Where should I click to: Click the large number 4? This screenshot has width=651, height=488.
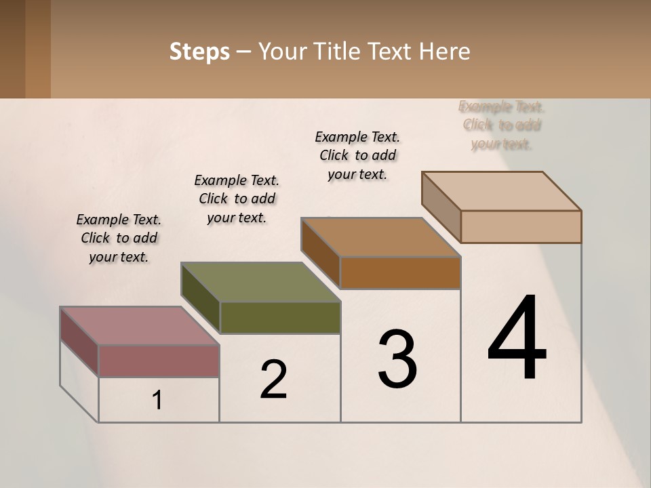517,339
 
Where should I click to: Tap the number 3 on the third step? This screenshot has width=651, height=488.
397,359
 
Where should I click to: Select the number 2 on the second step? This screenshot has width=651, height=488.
273,380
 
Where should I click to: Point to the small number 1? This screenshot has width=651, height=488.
157,401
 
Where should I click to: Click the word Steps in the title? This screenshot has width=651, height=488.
199,52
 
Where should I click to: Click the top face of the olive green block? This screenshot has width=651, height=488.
261,282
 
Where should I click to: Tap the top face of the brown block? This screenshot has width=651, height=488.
381,237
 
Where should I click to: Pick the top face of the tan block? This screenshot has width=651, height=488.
502,191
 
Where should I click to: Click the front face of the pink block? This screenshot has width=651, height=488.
159,361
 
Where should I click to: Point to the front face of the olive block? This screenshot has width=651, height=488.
280,317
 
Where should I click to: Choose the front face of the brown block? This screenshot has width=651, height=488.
400,272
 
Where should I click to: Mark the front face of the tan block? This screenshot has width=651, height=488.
521,226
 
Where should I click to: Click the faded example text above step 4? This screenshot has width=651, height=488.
502,125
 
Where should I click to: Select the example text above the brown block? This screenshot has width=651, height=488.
357,155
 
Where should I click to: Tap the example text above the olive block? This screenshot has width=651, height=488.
237,199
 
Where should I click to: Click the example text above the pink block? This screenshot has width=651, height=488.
119,238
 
